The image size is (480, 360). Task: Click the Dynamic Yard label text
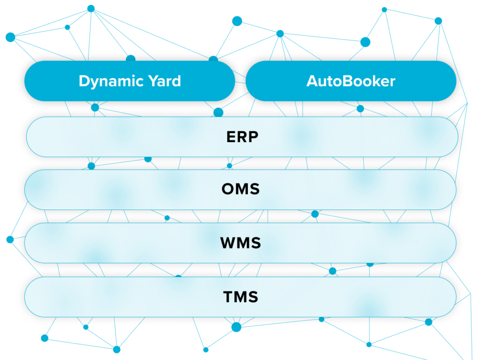(x=129, y=81)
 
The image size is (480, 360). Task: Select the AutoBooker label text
(x=351, y=81)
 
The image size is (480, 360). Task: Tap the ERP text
(x=242, y=137)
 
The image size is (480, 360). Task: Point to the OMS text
(x=240, y=190)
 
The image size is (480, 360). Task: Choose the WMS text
(x=240, y=243)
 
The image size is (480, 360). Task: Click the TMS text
(x=240, y=297)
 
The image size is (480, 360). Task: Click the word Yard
(x=163, y=81)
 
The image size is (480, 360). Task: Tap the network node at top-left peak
(x=91, y=8)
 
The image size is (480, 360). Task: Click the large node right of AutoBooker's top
(x=365, y=42)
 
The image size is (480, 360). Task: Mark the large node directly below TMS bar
(x=236, y=327)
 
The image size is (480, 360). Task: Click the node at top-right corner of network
(x=438, y=21)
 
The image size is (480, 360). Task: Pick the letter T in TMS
(x=228, y=297)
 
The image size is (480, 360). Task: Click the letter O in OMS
(x=228, y=190)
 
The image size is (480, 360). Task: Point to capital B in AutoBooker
(x=346, y=81)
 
